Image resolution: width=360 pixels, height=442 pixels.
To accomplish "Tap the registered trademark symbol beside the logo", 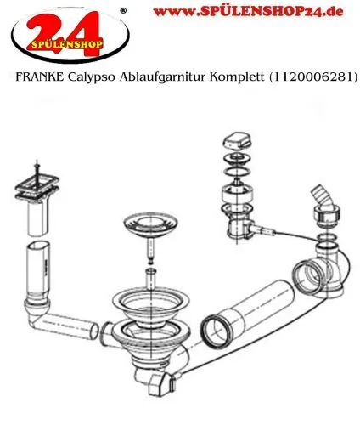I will point(125,10).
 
